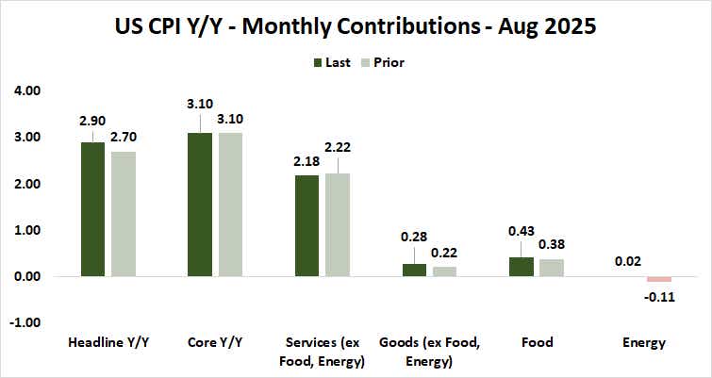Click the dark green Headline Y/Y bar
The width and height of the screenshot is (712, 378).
92,209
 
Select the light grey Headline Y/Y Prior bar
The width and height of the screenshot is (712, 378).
123,214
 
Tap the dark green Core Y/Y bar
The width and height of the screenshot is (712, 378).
201,205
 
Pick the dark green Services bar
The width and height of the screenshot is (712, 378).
307,226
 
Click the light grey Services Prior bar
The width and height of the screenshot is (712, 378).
338,225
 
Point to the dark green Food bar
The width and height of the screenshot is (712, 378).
522,267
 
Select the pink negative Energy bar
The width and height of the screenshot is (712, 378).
659,279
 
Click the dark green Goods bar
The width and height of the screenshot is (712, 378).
415,271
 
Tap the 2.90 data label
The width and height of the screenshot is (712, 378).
92,123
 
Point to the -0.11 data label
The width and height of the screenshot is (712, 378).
659,296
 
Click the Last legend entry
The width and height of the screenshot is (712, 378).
333,63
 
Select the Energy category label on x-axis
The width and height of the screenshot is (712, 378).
645,342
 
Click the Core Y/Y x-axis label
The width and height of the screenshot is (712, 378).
216,342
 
